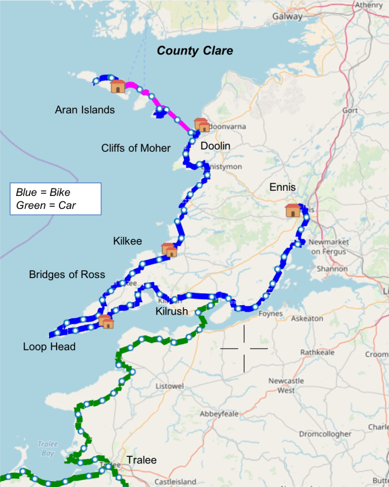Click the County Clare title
pos(195,51)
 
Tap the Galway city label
pos(287,17)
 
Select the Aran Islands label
pos(85,110)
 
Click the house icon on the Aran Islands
pos(118,86)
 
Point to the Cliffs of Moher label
pos(136,148)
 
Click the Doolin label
pos(215,146)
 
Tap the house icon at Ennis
pos(293,210)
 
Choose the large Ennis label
pos(282,188)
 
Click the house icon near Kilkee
pos(169,250)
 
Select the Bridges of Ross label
pos(67,274)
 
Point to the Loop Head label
pos(50,347)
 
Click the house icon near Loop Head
pos(106,322)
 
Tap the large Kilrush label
pos(172,311)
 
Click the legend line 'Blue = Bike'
pos(43,192)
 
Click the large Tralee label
pos(142,460)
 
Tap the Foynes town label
pos(270,314)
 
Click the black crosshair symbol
pos(244,349)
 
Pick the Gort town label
pos(350,110)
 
